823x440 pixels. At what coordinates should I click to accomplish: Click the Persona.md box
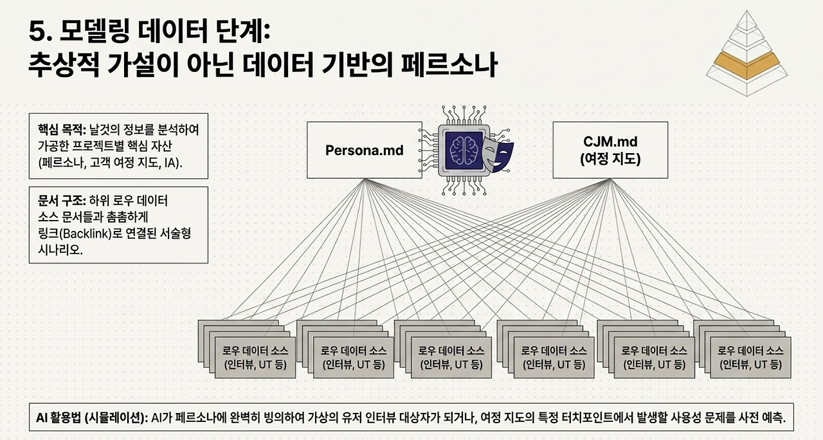point(364,150)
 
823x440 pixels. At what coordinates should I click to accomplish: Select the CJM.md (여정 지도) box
point(610,150)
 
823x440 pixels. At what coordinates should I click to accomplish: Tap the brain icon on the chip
point(464,151)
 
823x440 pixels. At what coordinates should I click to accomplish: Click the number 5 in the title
point(37,32)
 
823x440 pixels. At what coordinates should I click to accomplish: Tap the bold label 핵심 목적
point(61,129)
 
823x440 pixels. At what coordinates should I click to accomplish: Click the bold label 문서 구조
point(61,201)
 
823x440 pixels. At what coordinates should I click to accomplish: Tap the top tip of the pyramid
point(746,11)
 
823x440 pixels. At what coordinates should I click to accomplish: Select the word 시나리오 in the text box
point(60,250)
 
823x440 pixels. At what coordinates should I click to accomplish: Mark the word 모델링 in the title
point(94,32)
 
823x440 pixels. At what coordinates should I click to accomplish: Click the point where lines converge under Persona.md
point(365,179)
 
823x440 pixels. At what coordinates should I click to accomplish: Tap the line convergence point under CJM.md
point(610,179)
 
